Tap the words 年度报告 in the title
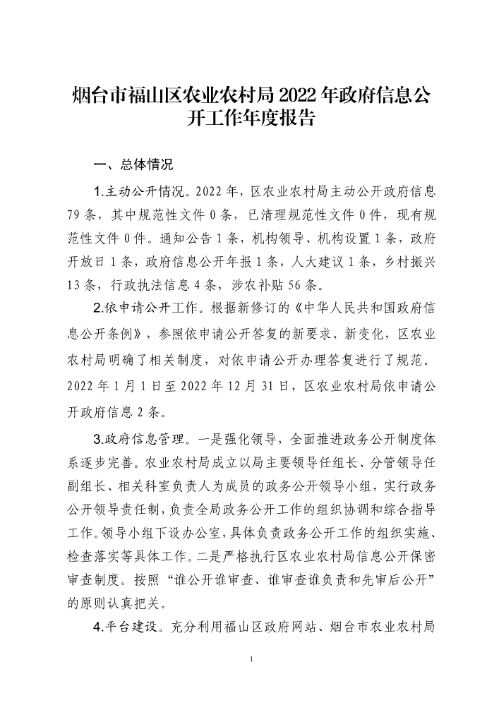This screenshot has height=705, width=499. [279, 117]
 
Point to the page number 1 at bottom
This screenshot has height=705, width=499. [251, 659]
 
